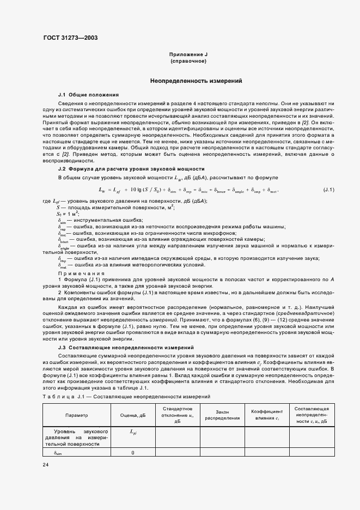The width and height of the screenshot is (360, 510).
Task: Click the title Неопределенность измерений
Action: pos(197,81)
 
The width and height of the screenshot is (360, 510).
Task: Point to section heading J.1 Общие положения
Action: pos(88,95)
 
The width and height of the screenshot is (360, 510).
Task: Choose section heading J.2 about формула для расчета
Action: pos(131,169)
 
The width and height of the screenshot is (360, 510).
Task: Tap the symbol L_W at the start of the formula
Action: pos(102,190)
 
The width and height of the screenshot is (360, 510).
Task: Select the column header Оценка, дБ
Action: pos(133,415)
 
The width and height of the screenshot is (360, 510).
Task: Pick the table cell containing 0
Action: pos(133,453)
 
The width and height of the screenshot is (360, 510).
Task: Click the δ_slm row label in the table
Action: pos(58,453)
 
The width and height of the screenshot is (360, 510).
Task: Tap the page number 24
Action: pos(45,464)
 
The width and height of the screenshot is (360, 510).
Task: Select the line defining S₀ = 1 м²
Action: pos(68,214)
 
